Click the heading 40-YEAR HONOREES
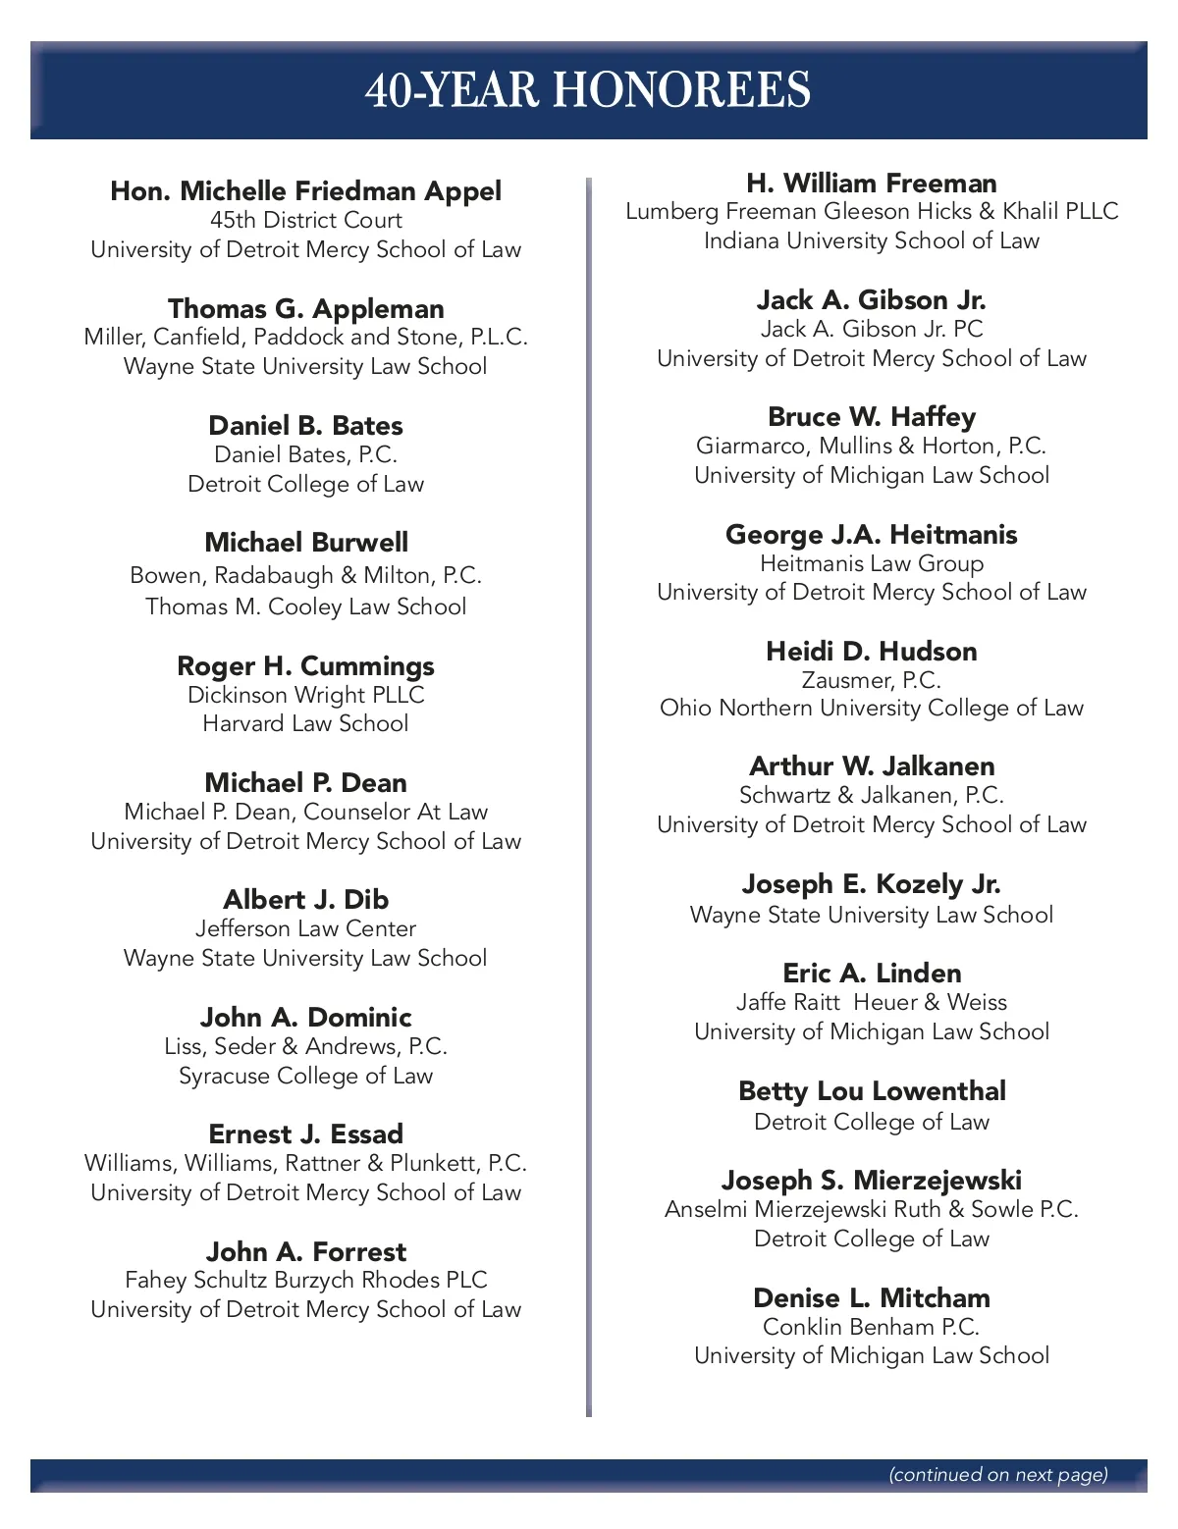[x=588, y=90]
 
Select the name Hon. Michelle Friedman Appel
[x=305, y=190]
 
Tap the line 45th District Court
[x=305, y=220]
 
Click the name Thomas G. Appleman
[x=305, y=308]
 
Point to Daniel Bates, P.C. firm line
[x=305, y=454]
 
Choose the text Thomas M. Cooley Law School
[x=305, y=606]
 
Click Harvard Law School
[x=305, y=723]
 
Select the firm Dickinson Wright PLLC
[x=305, y=695]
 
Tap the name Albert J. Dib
[x=305, y=899]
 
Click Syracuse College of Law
[x=305, y=1076]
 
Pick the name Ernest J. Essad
[x=305, y=1134]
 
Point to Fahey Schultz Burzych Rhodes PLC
[x=305, y=1280]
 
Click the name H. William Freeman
[x=872, y=183]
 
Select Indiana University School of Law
[x=872, y=240]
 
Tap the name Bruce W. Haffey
[x=872, y=416]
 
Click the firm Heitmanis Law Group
[x=872, y=563]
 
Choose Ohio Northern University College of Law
[x=872, y=708]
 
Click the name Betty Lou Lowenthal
[x=872, y=1090]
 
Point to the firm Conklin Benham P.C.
[x=872, y=1327]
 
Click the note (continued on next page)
[x=998, y=1474]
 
